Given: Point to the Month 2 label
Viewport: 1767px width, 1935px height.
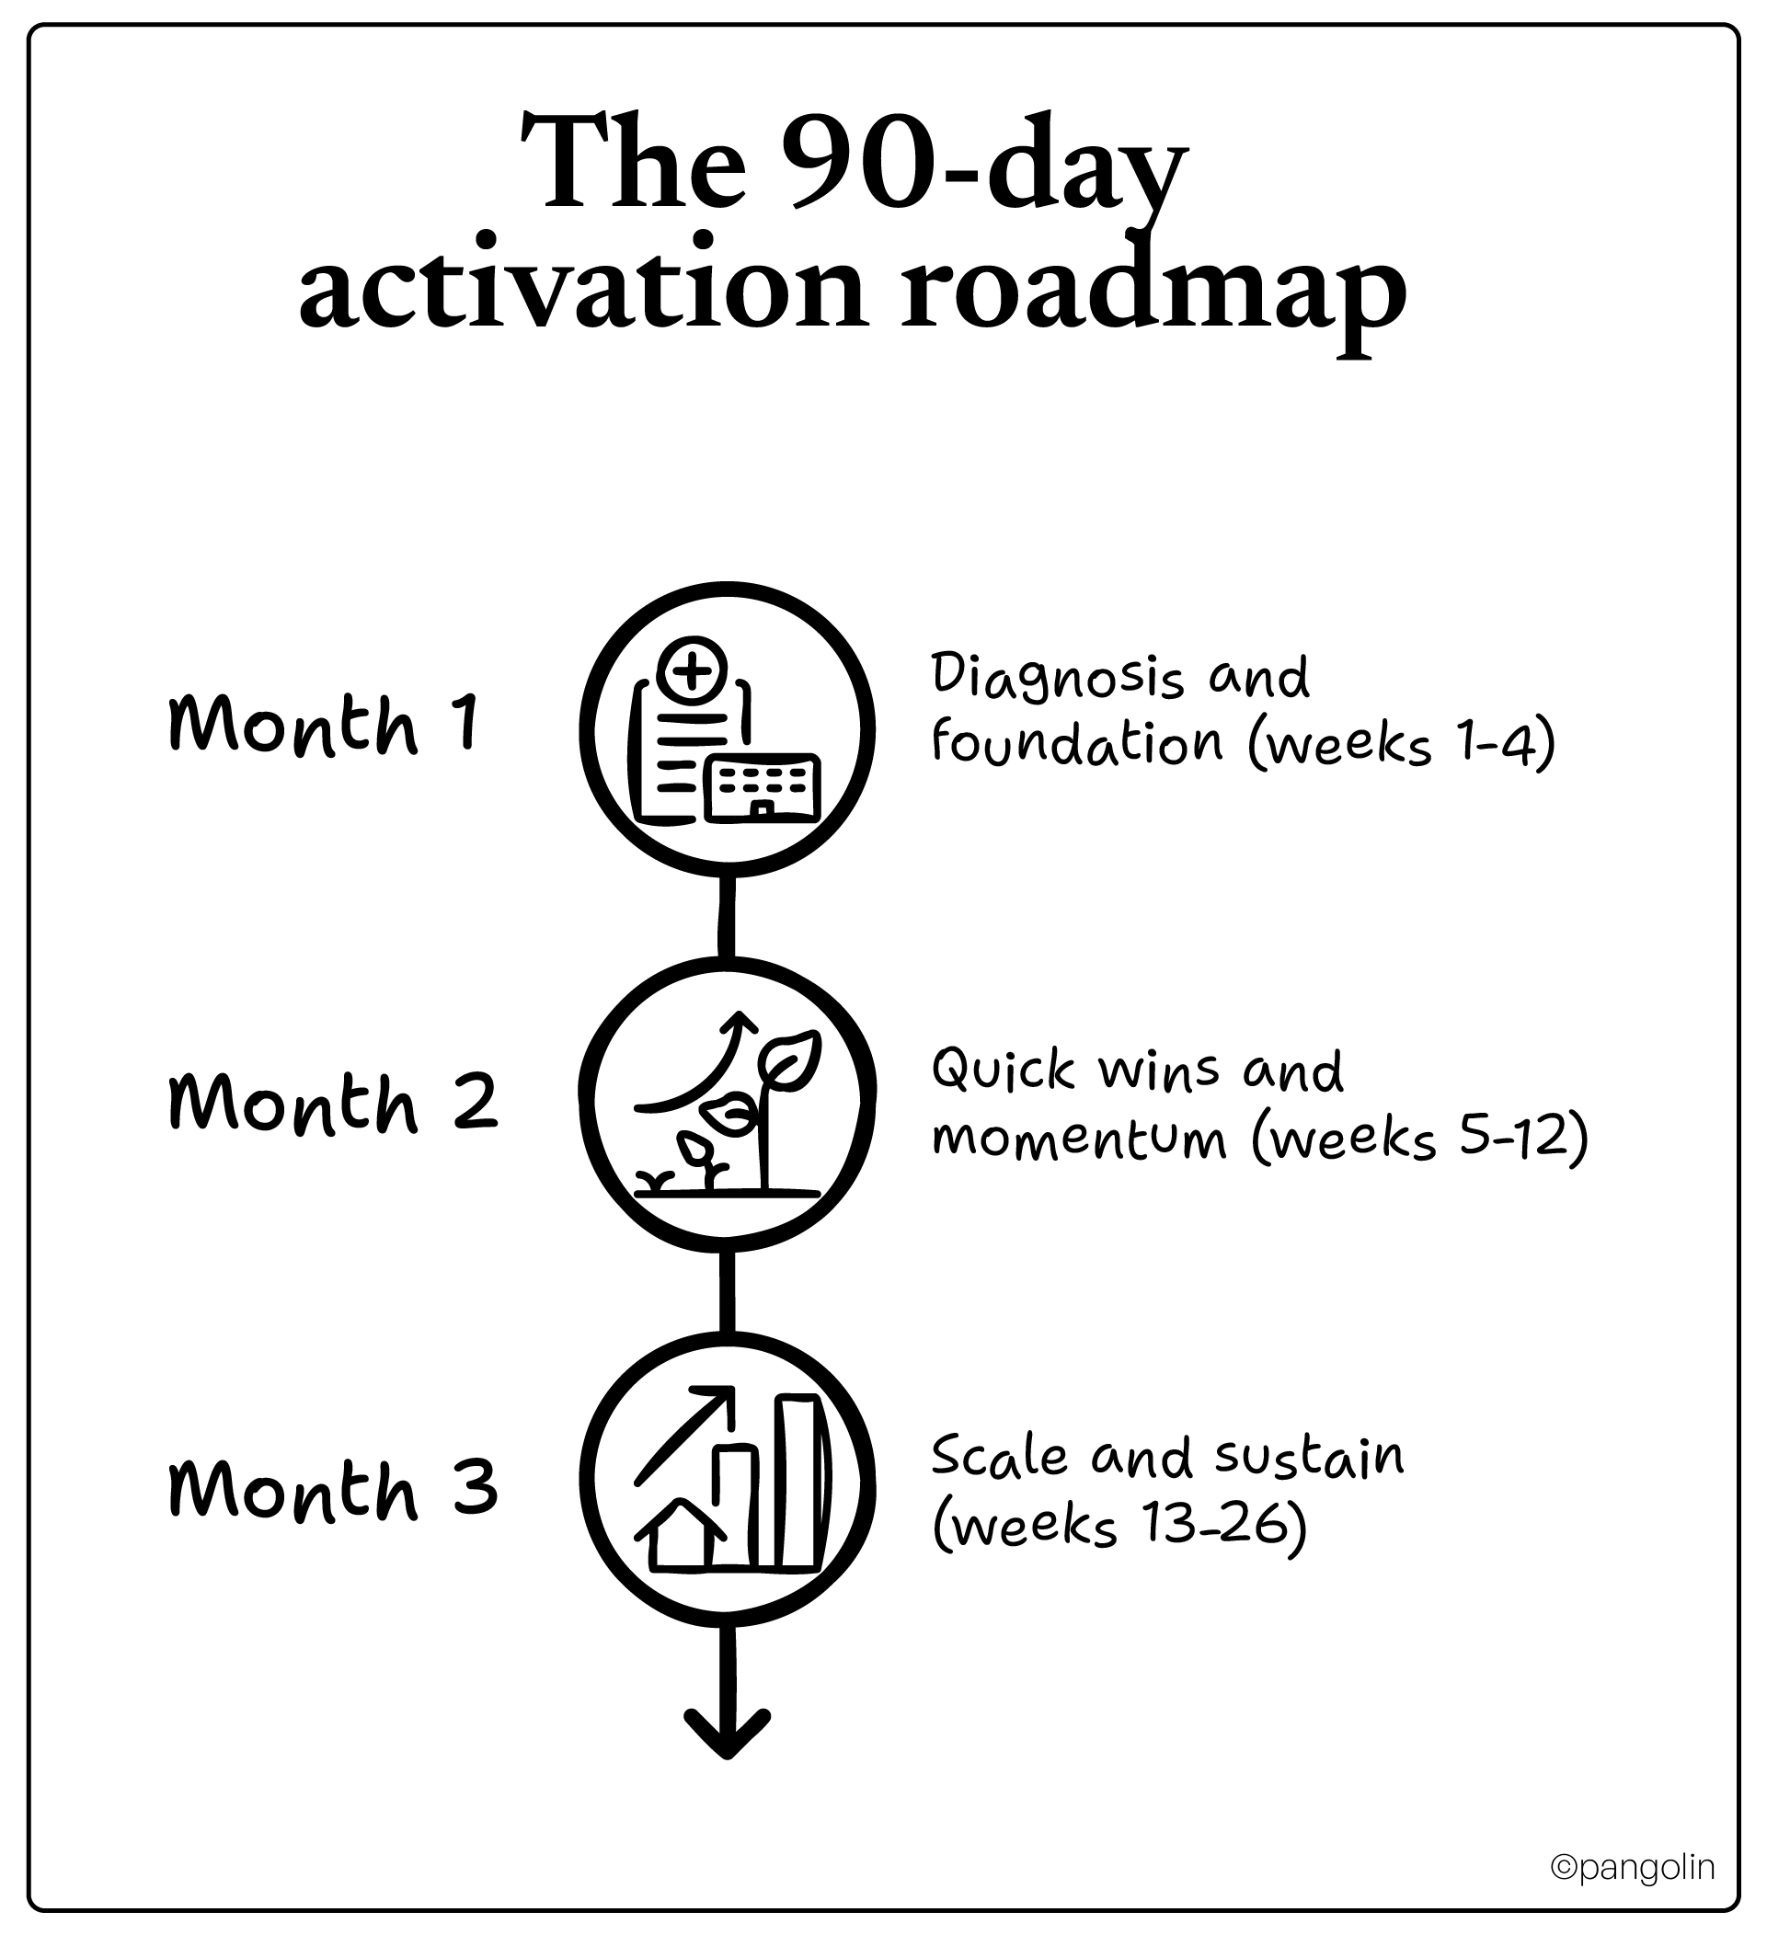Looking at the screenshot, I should pyautogui.click(x=332, y=1103).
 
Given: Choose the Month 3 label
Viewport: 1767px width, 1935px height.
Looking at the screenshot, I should pyautogui.click(x=332, y=1489).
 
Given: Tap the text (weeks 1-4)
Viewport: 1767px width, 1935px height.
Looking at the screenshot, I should pyautogui.click(x=1401, y=745).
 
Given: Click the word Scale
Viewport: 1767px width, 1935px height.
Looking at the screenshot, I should pyautogui.click(x=999, y=1457).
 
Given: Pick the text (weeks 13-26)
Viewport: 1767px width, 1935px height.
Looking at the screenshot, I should pyautogui.click(x=1119, y=1524).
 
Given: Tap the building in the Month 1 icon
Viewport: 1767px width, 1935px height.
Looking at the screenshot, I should pyautogui.click(x=763, y=788).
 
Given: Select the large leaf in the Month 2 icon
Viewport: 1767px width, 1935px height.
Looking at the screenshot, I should pyautogui.click(x=791, y=1059).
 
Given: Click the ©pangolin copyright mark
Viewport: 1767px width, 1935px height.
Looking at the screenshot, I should pyautogui.click(x=1633, y=1867).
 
